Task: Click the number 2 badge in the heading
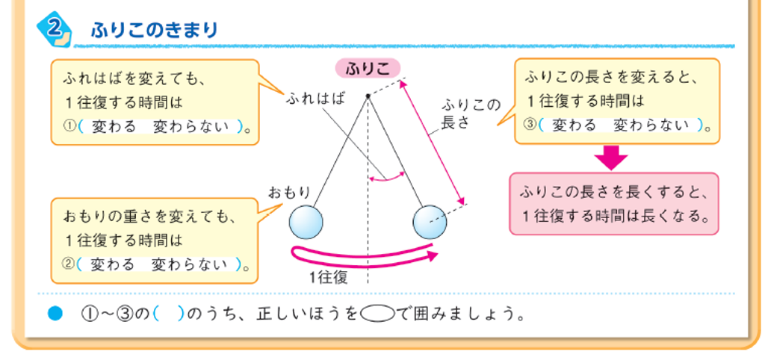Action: [x=55, y=28]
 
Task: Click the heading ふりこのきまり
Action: [x=155, y=31]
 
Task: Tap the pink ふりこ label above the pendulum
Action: [x=368, y=69]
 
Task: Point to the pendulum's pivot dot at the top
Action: [x=368, y=96]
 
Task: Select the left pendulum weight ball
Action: [x=306, y=222]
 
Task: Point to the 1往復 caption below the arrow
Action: [x=329, y=277]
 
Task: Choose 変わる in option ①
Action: [x=114, y=127]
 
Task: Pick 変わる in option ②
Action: [x=113, y=265]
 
